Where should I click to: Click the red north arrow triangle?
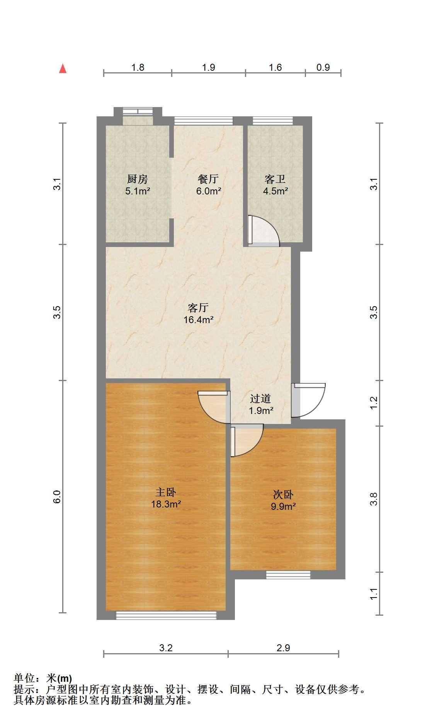point(63,69)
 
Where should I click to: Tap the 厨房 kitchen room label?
point(138,179)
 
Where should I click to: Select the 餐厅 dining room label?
point(208,179)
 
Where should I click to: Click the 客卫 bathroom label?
point(275,179)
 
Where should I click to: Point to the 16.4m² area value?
point(199,320)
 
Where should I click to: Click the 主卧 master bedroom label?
point(166,492)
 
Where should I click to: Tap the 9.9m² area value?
point(283,506)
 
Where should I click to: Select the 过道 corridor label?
point(260,398)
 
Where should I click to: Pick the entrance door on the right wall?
point(308,400)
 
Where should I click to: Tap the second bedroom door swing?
point(247,440)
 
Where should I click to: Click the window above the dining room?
point(203,121)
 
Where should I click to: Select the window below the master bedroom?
point(167,615)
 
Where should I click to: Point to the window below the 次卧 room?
point(288,575)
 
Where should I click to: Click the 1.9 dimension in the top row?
point(209,68)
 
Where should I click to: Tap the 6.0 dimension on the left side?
point(57,497)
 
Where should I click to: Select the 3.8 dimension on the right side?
point(374,499)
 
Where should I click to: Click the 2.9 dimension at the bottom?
point(283,648)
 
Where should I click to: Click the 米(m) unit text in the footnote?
point(59,678)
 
